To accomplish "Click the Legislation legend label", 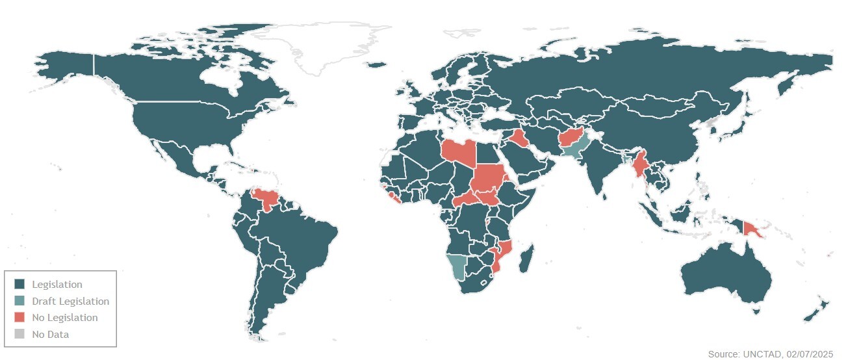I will click(57, 285).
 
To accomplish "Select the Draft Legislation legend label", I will click(70, 302).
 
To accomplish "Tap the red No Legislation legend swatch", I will click(19, 318).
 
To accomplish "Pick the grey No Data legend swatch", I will click(19, 335).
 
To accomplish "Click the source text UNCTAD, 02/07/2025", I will click(770, 354).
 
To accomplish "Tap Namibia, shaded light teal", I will click(457, 265).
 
